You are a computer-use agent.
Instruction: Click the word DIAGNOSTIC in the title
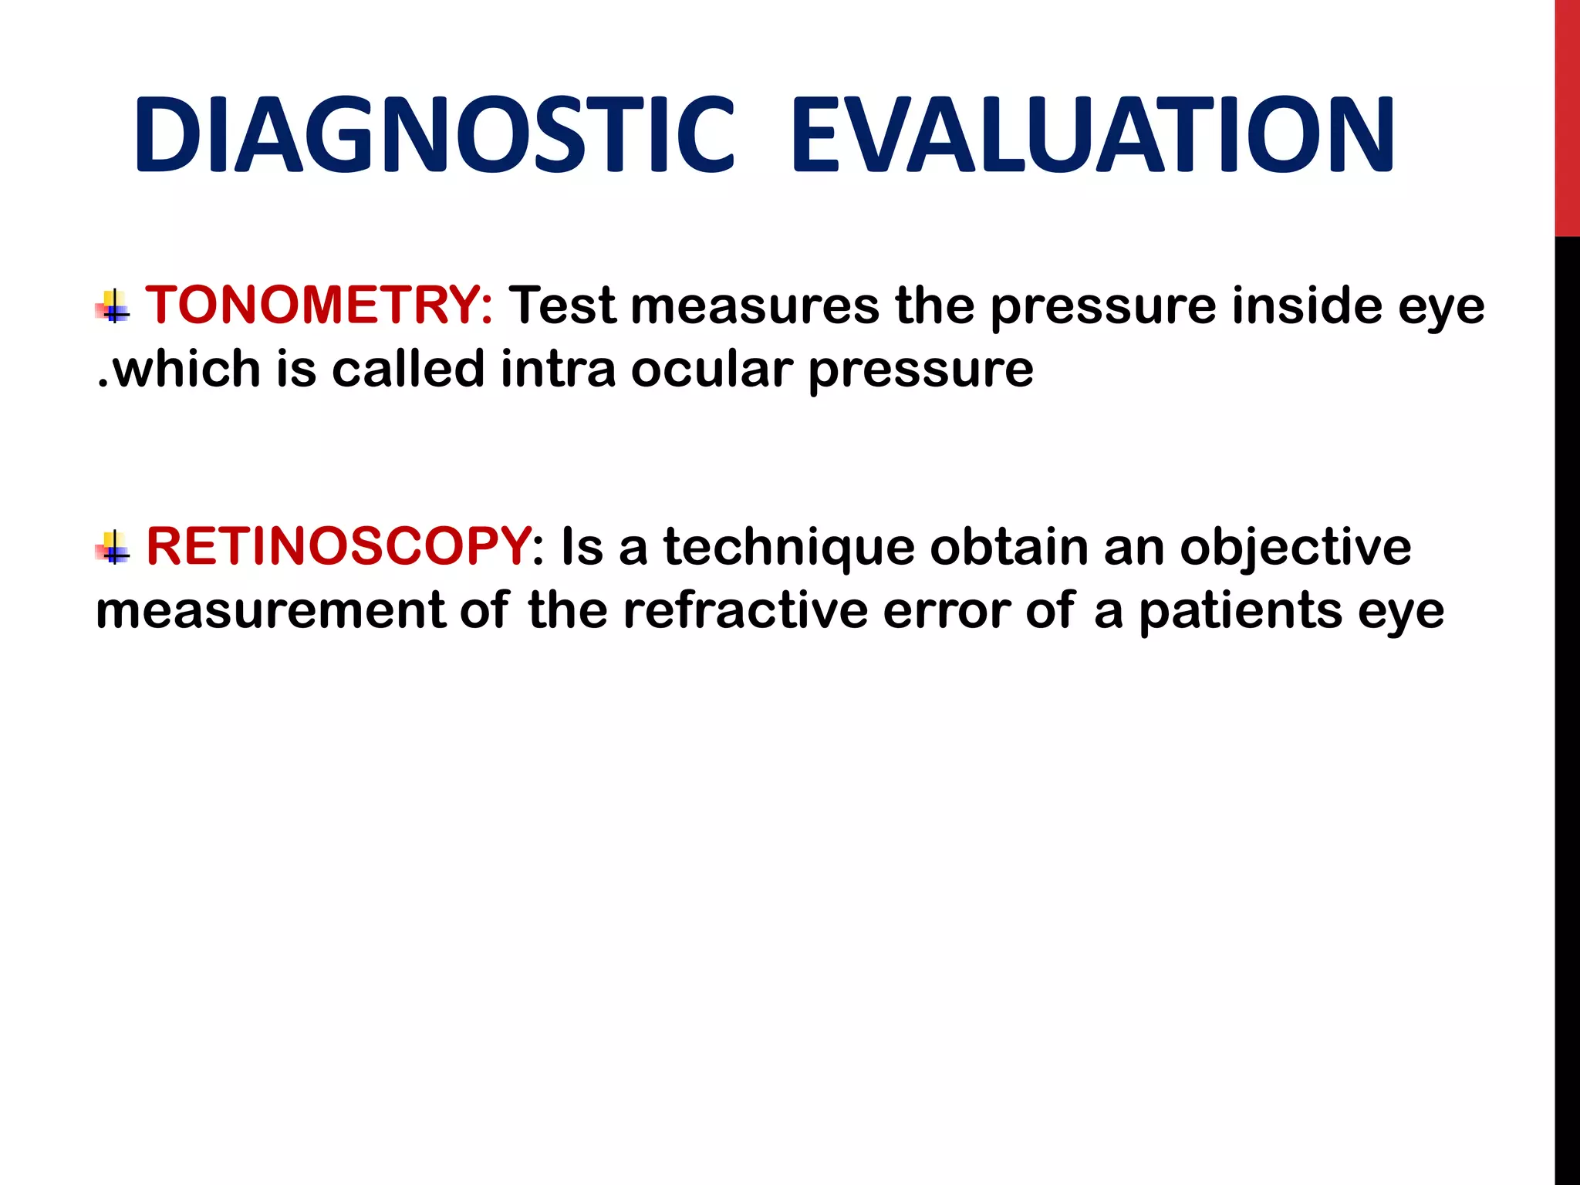point(434,135)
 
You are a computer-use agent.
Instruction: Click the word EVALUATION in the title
point(1092,135)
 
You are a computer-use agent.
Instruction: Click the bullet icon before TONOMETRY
point(113,306)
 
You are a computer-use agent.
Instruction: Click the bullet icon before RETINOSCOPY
point(113,548)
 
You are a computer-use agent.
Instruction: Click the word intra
point(557,369)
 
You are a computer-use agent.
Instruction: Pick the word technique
point(788,547)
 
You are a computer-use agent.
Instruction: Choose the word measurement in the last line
point(270,610)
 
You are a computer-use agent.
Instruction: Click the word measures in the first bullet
point(755,306)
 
